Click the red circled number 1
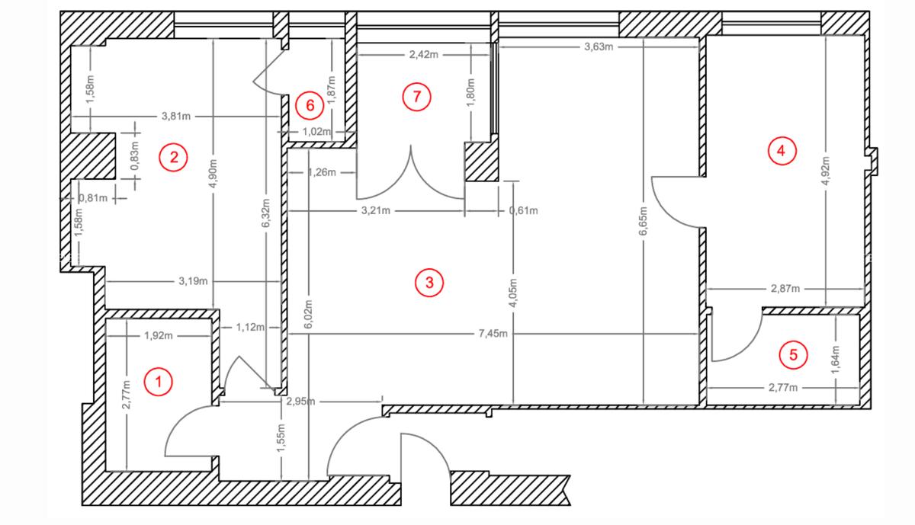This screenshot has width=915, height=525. pyautogui.click(x=159, y=382)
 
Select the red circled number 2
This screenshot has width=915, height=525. pyautogui.click(x=174, y=157)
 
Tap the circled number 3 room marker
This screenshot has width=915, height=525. pyautogui.click(x=429, y=283)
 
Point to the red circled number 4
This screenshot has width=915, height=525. pyautogui.click(x=782, y=151)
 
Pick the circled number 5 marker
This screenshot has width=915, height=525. pyautogui.click(x=793, y=354)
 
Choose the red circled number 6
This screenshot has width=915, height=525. pyautogui.click(x=310, y=106)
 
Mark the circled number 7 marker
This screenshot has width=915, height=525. pyautogui.click(x=416, y=97)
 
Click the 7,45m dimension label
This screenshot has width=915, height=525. pyautogui.click(x=493, y=334)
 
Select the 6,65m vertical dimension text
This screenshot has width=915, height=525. pyautogui.click(x=644, y=221)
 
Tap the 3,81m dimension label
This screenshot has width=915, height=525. pyautogui.click(x=176, y=117)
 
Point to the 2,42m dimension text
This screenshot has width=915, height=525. pyautogui.click(x=424, y=54)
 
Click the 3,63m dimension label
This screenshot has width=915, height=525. pyautogui.click(x=599, y=46)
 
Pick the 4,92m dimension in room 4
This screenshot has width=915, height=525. pyautogui.click(x=826, y=171)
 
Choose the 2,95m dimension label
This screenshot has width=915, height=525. pyautogui.click(x=300, y=402)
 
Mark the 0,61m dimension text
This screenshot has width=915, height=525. pyautogui.click(x=523, y=210)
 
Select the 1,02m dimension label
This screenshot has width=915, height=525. pyautogui.click(x=316, y=132)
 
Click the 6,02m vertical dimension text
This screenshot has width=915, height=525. pyautogui.click(x=308, y=314)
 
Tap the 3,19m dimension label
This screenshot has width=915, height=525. pyautogui.click(x=193, y=281)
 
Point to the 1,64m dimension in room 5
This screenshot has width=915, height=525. pyautogui.click(x=836, y=359)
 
